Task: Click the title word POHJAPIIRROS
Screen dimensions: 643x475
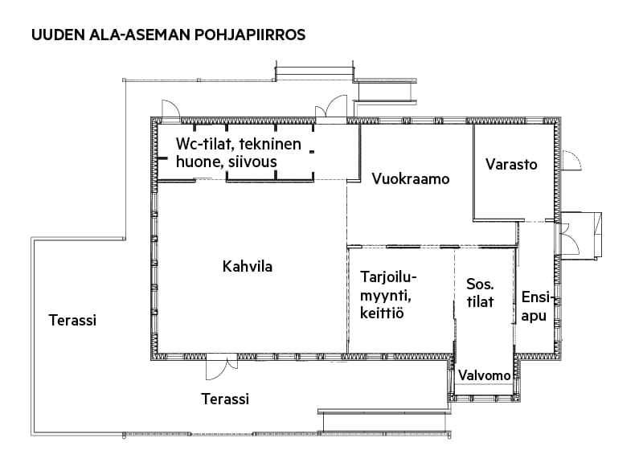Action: coord(250,35)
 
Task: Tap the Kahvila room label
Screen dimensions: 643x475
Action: coord(248,267)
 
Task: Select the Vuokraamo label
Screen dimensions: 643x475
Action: coord(411,179)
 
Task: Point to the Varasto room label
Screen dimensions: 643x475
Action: coord(511,165)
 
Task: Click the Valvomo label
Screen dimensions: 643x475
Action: coord(485,375)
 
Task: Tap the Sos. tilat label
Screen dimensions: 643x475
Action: coord(480,293)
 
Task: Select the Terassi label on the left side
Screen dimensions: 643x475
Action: coord(72,321)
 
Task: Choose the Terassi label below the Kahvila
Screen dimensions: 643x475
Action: coord(225,399)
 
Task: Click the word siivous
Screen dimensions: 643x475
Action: coord(252,162)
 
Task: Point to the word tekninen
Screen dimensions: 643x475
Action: coord(270,144)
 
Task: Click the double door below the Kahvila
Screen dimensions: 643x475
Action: coord(222,366)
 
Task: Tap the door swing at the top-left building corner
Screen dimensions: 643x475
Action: coord(170,111)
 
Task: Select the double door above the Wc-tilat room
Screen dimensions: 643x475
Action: coord(331,109)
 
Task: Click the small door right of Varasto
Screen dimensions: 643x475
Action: coord(571,160)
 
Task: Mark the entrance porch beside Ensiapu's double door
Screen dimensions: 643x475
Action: coord(581,235)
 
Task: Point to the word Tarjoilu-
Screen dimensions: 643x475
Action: coord(388,278)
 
